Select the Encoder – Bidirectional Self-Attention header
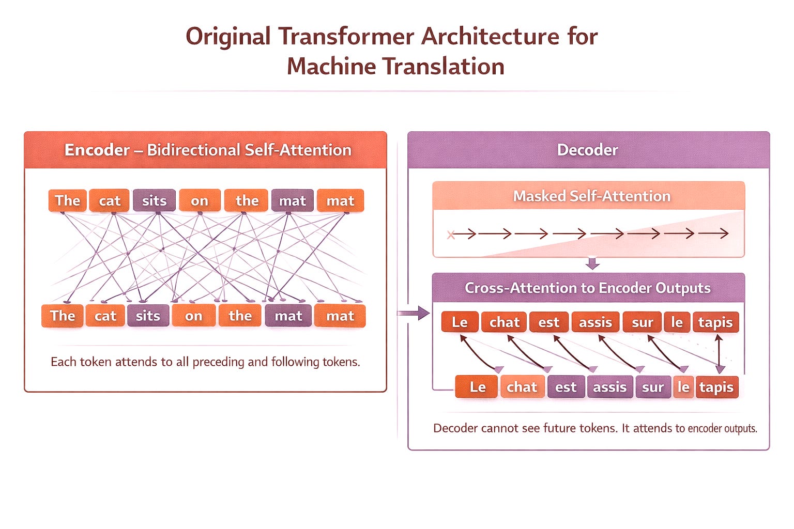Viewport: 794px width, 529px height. [x=208, y=150]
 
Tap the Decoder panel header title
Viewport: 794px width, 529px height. [x=587, y=150]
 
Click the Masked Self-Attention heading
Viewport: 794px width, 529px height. [x=591, y=196]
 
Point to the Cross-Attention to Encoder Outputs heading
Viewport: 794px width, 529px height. [x=587, y=288]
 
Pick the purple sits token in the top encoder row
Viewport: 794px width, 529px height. [x=154, y=200]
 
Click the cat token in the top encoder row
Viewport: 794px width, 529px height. [x=109, y=200]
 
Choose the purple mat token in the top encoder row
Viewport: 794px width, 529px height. [x=292, y=200]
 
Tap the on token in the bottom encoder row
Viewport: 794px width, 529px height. [x=193, y=316]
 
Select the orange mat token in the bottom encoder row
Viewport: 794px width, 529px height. [x=340, y=316]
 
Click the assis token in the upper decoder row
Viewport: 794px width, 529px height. [x=595, y=322]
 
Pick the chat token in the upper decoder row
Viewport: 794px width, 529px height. [x=504, y=322]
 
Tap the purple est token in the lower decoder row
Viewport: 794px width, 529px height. [x=566, y=387]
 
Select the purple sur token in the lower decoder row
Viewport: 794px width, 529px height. [x=652, y=387]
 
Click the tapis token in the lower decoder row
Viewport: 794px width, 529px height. [x=716, y=387]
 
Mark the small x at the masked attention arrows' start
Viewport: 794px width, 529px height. [x=451, y=235]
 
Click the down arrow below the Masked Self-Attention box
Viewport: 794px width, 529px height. [x=593, y=263]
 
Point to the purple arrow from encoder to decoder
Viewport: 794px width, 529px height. [x=414, y=313]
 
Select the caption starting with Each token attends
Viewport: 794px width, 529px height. [x=205, y=362]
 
